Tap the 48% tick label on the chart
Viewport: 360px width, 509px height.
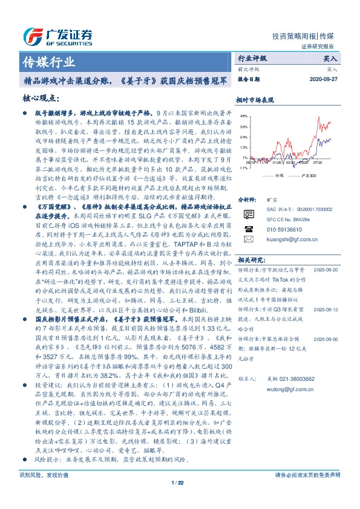[243, 115]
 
